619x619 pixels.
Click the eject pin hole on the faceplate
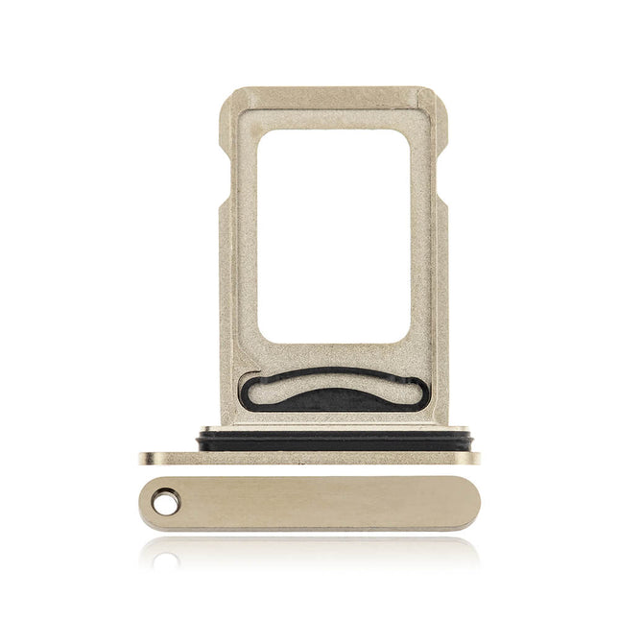pos(165,501)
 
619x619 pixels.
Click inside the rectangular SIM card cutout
pos(333,235)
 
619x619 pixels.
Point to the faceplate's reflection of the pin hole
pos(165,558)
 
